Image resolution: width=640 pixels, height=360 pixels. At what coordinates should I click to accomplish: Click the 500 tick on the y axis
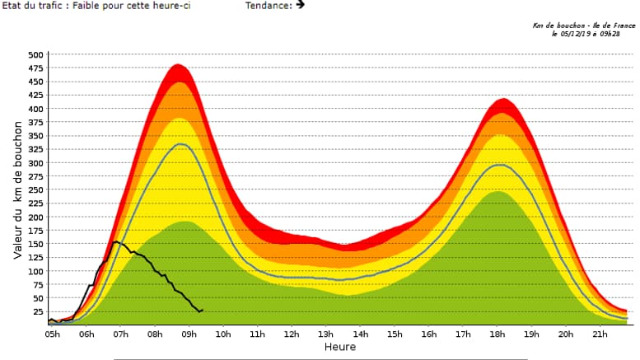[x=35, y=55]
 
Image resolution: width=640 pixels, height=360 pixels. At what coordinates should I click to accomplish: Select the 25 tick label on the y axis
[x=38, y=311]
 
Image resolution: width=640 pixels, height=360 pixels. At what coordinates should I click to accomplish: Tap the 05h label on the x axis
[x=53, y=335]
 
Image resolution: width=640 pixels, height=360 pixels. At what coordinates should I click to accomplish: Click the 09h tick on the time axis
[x=189, y=335]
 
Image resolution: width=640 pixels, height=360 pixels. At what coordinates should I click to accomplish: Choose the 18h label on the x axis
[x=497, y=335]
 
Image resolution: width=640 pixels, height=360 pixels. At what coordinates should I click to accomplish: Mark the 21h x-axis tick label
[x=600, y=335]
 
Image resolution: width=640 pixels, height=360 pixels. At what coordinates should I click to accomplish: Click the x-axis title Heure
[x=339, y=348]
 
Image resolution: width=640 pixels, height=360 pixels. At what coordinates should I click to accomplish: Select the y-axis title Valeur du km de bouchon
[x=17, y=190]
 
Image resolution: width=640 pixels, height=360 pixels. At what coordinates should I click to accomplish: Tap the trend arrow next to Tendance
[x=300, y=4]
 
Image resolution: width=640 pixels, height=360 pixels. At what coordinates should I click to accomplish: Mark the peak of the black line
[x=116, y=241]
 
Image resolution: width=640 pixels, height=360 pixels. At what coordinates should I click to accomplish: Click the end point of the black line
[x=202, y=310]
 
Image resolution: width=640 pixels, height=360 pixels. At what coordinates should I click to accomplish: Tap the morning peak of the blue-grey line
[x=180, y=144]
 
